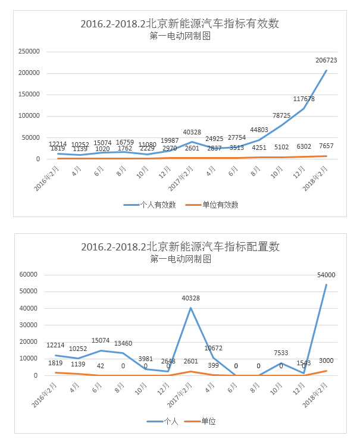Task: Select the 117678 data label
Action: point(303,99)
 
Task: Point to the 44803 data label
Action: point(259,129)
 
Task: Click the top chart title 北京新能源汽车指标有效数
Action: point(180,24)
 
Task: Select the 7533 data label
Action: point(281,353)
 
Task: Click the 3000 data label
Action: point(325,361)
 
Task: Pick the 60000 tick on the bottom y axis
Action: point(29,275)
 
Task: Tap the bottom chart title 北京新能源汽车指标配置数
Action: point(180,247)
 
